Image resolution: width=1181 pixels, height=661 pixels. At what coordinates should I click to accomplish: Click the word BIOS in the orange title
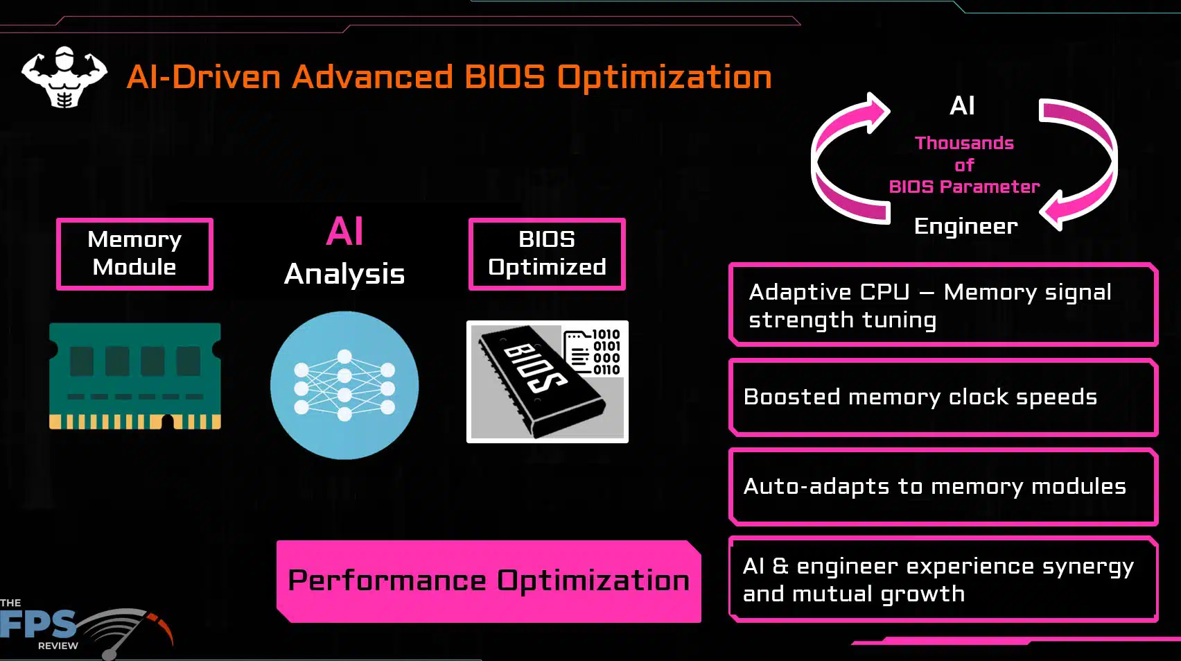pyautogui.click(x=505, y=77)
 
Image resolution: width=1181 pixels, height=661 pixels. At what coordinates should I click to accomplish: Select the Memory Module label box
pyautogui.click(x=135, y=254)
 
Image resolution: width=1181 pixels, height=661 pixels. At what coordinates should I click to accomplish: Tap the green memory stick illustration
pyautogui.click(x=135, y=376)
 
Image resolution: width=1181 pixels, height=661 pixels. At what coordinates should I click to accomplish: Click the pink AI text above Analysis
pyautogui.click(x=345, y=231)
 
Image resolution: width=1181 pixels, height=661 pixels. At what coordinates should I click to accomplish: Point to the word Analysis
pyautogui.click(x=344, y=274)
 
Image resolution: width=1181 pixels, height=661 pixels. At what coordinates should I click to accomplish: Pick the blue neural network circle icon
pyautogui.click(x=344, y=385)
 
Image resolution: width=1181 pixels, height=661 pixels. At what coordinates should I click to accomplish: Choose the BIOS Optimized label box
pyautogui.click(x=548, y=254)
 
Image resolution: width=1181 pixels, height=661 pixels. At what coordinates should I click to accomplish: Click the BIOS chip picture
pyautogui.click(x=548, y=381)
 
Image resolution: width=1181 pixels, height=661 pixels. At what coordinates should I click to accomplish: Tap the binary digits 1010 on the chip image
pyautogui.click(x=606, y=334)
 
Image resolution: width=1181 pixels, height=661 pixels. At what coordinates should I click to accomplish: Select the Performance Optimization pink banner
pyautogui.click(x=489, y=581)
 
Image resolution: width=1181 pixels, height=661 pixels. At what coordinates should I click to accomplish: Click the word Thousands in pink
pyautogui.click(x=964, y=143)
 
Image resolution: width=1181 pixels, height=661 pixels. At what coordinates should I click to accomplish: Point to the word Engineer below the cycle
pyautogui.click(x=966, y=226)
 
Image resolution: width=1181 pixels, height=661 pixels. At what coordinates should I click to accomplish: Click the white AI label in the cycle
pyautogui.click(x=962, y=105)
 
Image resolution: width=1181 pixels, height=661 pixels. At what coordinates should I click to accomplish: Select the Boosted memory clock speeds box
pyautogui.click(x=943, y=397)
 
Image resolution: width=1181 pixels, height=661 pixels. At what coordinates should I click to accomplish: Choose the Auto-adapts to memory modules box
pyautogui.click(x=943, y=486)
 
